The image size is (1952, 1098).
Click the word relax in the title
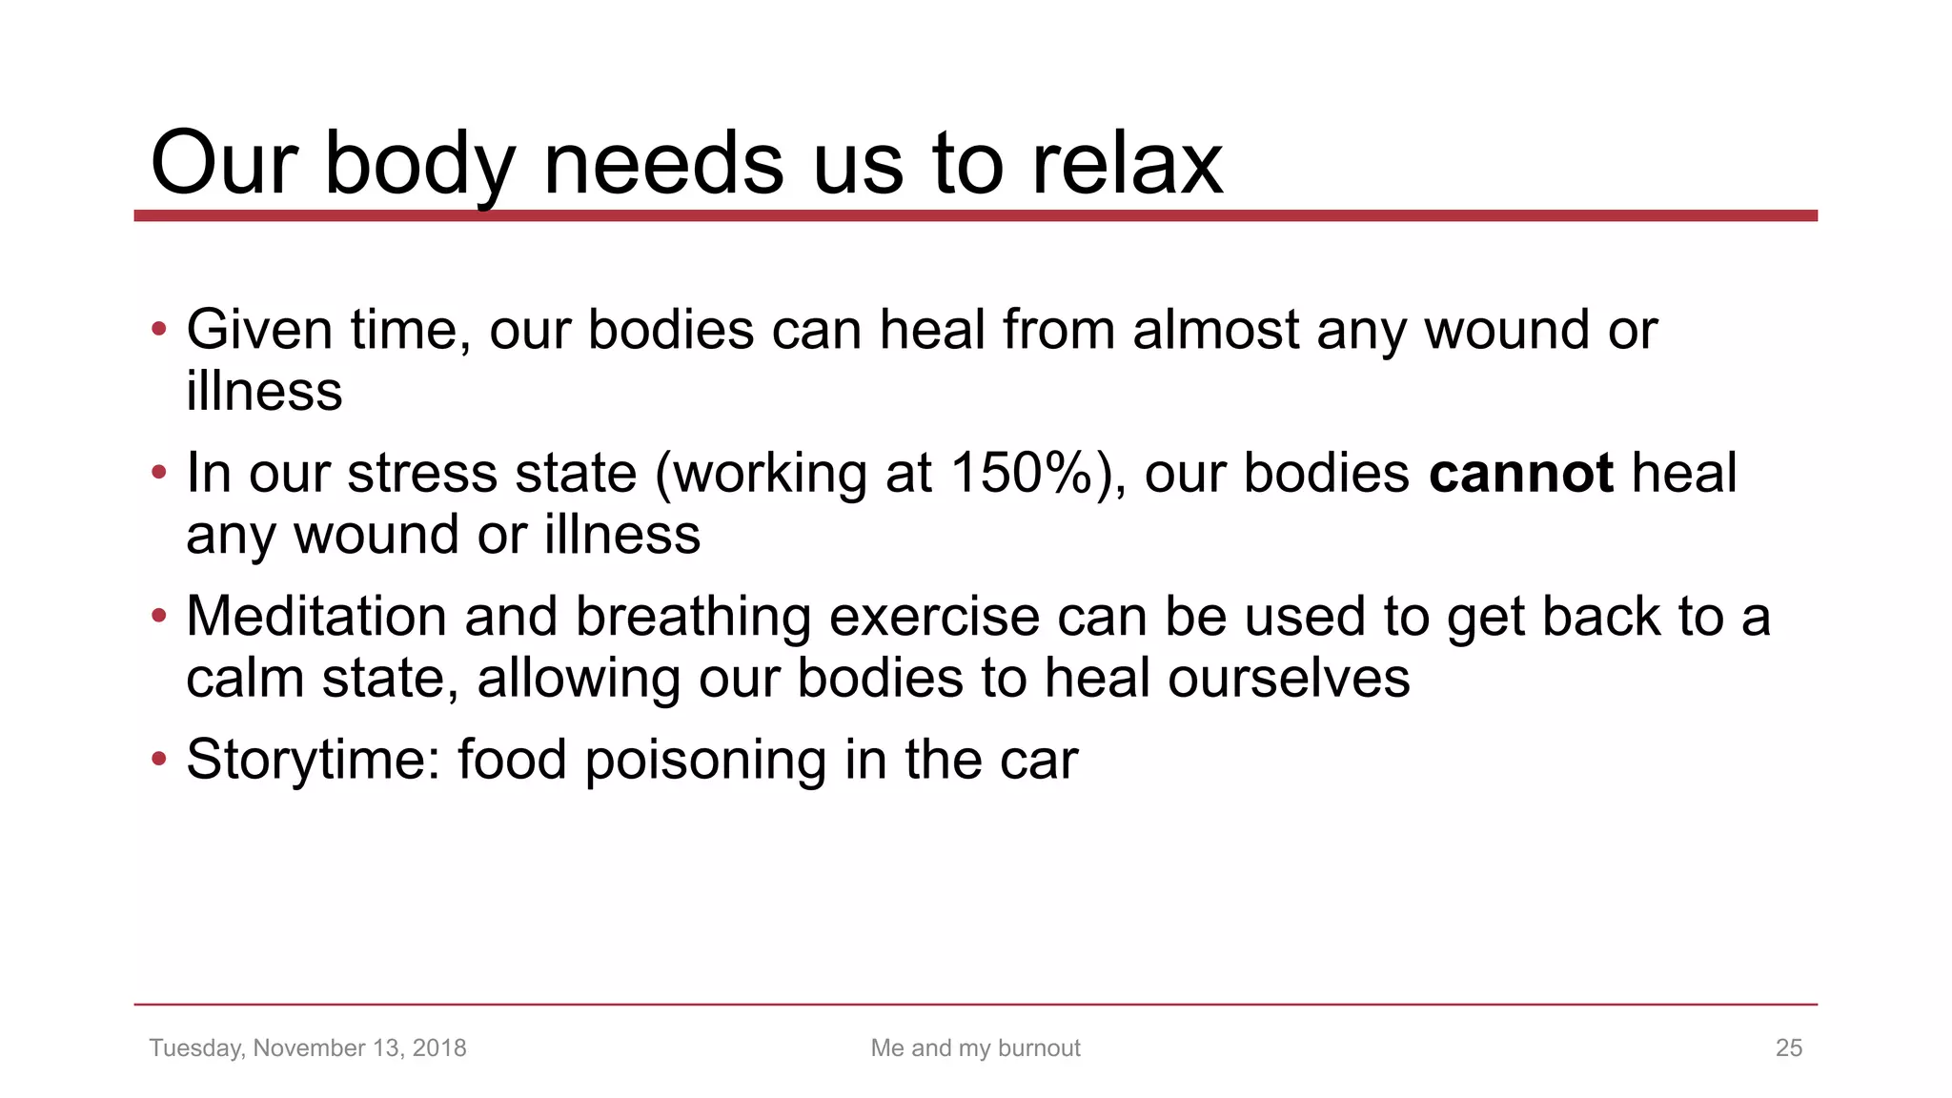click(x=1128, y=164)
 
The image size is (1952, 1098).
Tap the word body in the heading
click(x=420, y=164)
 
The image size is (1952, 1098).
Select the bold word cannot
click(x=1521, y=473)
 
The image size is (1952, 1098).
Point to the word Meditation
click(x=315, y=616)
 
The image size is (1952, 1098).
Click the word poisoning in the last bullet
click(x=706, y=760)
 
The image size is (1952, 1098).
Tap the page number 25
click(x=1788, y=1047)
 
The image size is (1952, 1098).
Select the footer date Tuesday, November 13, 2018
click(x=308, y=1047)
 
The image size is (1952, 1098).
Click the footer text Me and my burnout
click(x=975, y=1047)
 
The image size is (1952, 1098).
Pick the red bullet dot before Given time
click(x=159, y=330)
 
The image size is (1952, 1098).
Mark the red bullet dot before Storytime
click(x=159, y=760)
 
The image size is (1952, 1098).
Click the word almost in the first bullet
click(x=1215, y=330)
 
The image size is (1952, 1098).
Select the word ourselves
click(x=1289, y=679)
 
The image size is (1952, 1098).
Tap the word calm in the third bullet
click(x=245, y=679)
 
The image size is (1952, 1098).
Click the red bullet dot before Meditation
click(x=159, y=616)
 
